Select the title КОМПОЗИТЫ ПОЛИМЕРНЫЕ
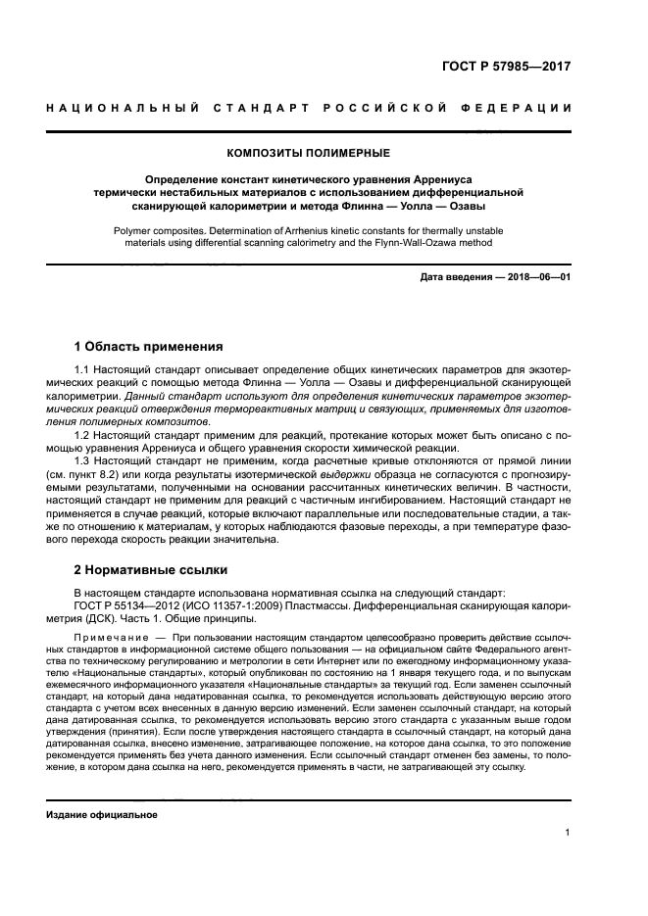pyautogui.click(x=309, y=153)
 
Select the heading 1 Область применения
pyautogui.click(x=148, y=346)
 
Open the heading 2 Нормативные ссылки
pyautogui.click(x=151, y=569)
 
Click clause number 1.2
pyautogui.click(x=82, y=432)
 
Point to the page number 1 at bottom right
pyautogui.click(x=568, y=833)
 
